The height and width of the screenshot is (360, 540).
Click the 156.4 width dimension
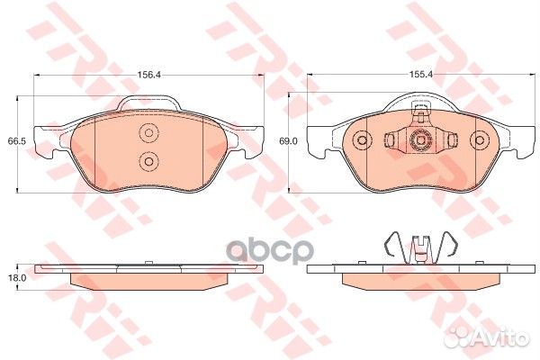click(x=148, y=76)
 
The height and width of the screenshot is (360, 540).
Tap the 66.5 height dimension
click(x=14, y=142)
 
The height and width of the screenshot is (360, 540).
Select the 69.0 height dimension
click(x=288, y=142)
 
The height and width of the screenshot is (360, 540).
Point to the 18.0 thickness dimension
click(x=14, y=280)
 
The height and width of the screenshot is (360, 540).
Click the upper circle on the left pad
click(x=148, y=133)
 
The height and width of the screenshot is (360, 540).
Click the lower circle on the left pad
click(x=148, y=161)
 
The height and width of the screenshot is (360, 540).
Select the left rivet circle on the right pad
click(x=362, y=141)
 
